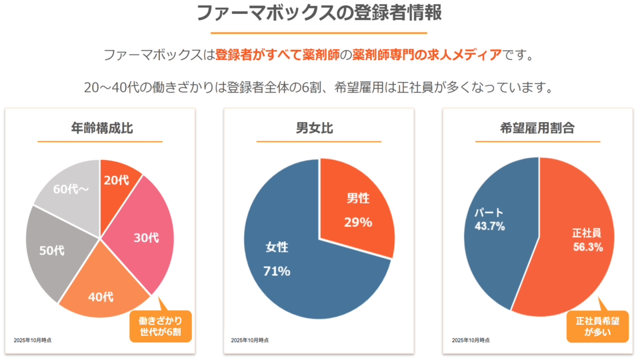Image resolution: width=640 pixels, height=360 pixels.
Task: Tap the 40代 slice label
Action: point(101,297)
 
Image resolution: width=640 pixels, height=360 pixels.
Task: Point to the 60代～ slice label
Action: point(71,189)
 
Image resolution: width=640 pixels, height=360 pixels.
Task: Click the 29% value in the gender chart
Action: point(358,222)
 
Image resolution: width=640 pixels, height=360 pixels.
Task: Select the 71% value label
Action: point(277,271)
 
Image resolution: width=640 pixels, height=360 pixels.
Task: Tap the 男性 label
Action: point(358,198)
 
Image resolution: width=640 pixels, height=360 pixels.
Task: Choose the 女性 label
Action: point(277,247)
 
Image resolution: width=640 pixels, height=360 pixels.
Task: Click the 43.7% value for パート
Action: point(489,227)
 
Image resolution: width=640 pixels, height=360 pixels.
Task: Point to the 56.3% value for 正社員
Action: point(588,247)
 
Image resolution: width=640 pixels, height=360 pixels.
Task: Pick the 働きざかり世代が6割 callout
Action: point(160,326)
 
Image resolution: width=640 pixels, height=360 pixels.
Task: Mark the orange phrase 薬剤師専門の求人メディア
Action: point(427,55)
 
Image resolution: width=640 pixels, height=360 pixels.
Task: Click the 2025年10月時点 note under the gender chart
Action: point(250,341)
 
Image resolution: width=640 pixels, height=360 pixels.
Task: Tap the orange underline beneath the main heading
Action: point(319,32)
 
